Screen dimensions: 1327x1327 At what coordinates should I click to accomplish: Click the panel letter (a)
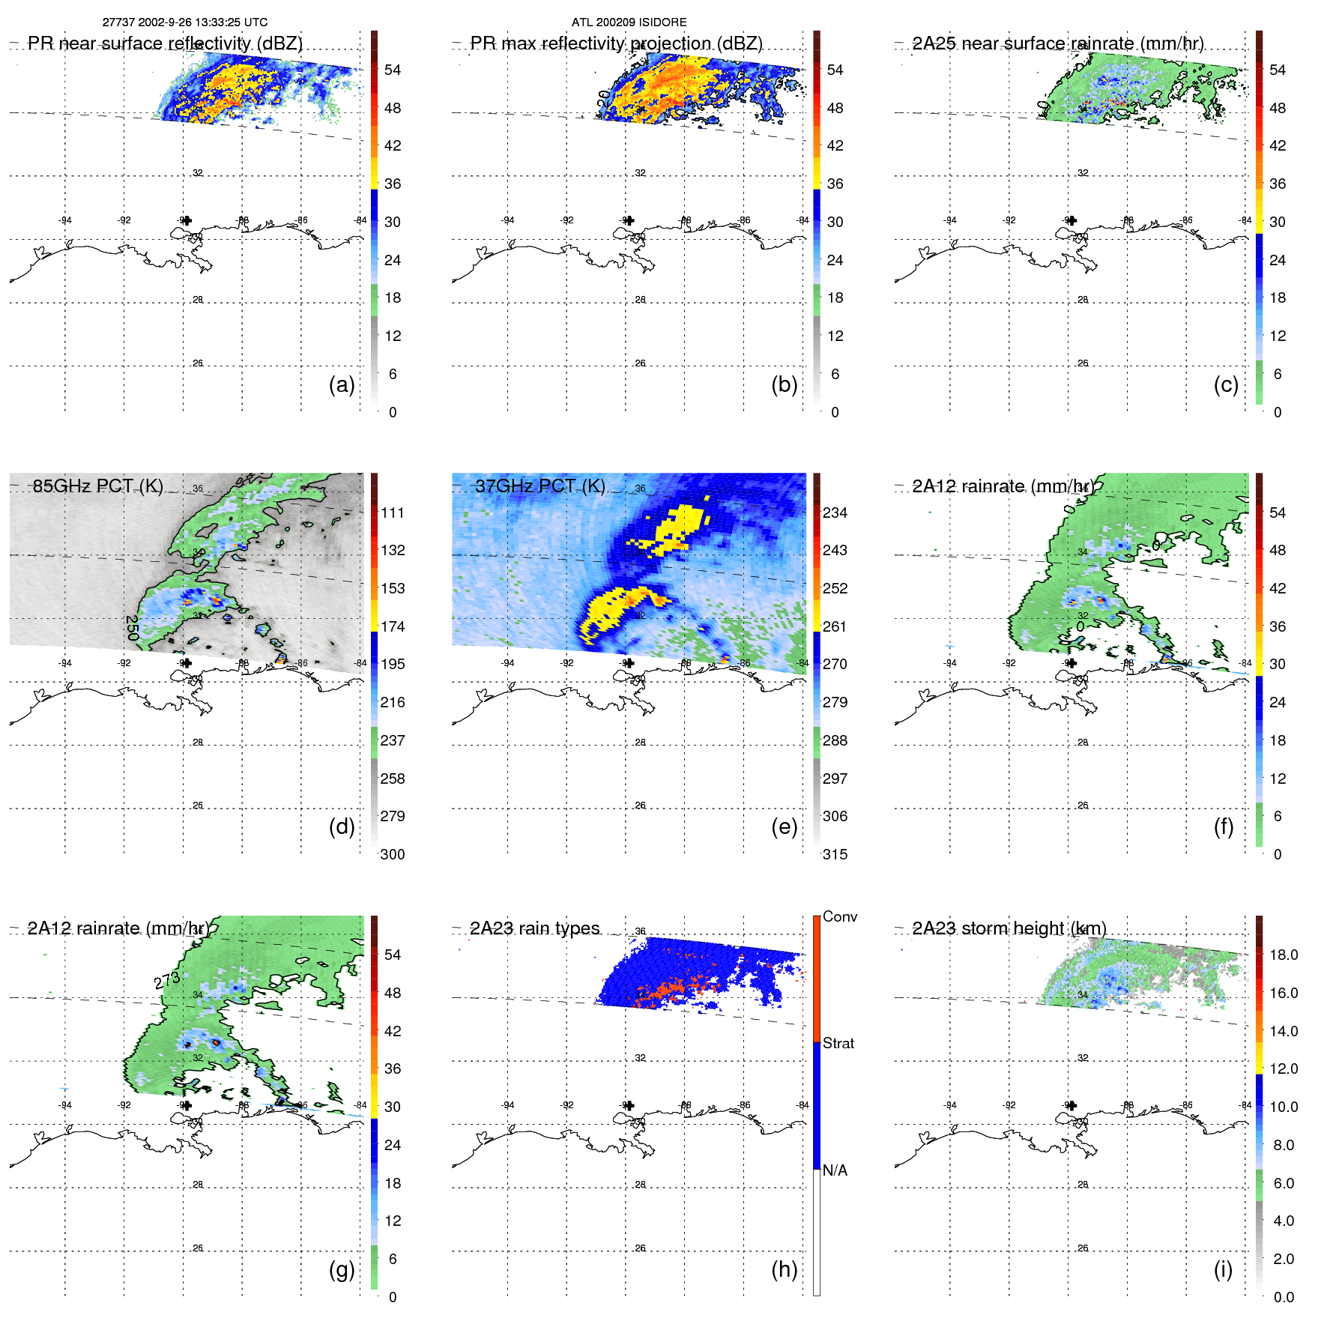341,385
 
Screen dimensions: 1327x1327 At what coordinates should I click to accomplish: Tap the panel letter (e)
784,827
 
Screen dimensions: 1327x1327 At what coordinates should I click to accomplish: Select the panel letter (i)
1223,1269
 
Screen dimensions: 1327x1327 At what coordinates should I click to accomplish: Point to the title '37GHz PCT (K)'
540,486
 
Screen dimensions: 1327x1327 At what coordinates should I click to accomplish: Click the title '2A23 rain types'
535,928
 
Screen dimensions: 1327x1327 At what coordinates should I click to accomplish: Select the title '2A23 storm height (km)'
1009,928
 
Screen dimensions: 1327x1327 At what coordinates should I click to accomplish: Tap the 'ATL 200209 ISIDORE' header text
629,22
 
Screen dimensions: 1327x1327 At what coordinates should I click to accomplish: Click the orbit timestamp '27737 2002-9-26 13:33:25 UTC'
185,22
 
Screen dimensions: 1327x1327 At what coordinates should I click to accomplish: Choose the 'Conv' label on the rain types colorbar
840,916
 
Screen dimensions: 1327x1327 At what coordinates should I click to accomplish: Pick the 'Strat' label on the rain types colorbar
838,1043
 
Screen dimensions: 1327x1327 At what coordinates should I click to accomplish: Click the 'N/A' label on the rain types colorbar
835,1170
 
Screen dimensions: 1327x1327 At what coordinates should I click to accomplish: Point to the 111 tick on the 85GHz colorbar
393,513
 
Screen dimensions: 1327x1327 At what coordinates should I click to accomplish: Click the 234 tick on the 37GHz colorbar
835,513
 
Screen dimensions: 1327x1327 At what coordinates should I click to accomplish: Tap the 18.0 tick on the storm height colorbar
1284,955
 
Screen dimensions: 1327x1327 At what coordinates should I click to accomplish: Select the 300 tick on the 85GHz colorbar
393,854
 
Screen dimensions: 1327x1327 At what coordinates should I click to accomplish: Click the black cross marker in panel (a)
187,220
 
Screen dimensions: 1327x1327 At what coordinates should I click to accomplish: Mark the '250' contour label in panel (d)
133,628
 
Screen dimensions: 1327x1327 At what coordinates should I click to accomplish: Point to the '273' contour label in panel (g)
167,980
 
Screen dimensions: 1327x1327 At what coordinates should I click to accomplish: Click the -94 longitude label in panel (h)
508,1105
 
